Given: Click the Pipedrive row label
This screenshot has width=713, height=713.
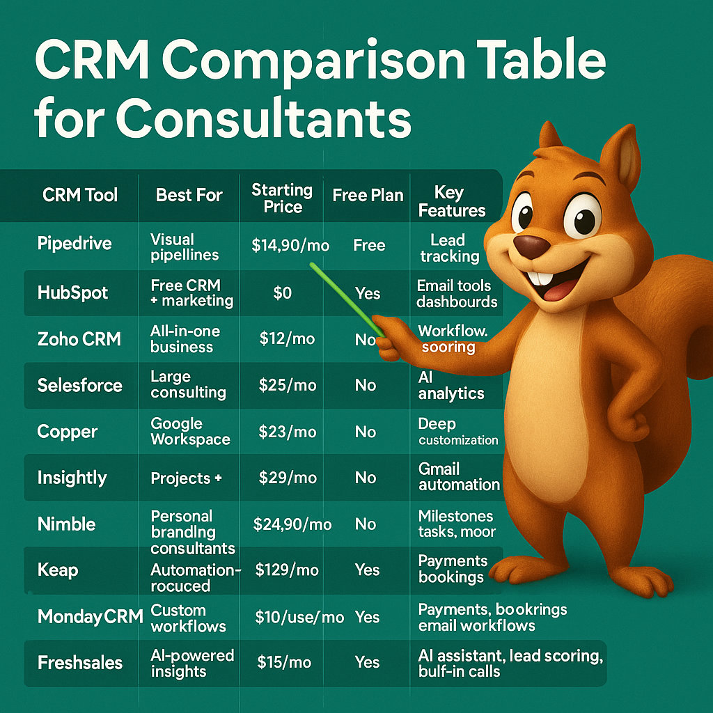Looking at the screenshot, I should click(75, 244).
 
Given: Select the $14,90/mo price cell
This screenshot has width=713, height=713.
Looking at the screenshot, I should click(291, 245).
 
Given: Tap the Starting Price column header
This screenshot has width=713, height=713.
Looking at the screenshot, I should click(282, 198).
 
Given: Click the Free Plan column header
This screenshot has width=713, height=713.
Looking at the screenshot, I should click(368, 196).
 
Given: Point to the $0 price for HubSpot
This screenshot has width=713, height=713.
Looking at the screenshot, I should click(282, 293).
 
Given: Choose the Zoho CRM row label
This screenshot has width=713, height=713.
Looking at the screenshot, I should click(79, 339).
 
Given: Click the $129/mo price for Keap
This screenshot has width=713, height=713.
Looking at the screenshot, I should click(287, 570).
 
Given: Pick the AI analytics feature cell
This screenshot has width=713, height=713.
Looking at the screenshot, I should click(450, 385).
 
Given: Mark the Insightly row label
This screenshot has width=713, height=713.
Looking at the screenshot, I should click(72, 478).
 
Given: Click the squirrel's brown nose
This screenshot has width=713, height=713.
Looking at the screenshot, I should click(532, 245).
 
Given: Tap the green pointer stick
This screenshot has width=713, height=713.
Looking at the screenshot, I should click(345, 299).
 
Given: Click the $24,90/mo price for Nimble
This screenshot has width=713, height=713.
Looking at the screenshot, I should click(292, 524).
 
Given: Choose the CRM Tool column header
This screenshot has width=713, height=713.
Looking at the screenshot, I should click(80, 196).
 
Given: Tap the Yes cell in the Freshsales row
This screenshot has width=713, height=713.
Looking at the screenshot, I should click(367, 663).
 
